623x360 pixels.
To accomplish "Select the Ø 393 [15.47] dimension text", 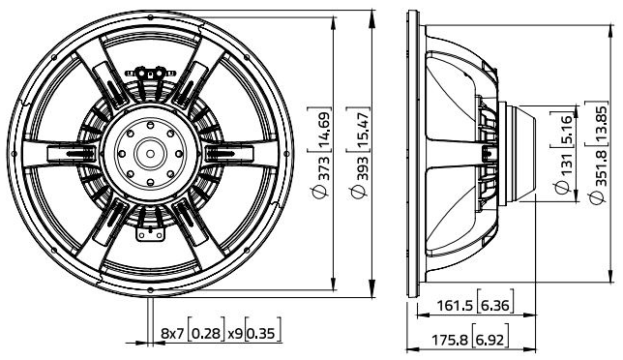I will click(x=363, y=149).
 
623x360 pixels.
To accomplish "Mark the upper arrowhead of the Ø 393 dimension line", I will click(x=373, y=16).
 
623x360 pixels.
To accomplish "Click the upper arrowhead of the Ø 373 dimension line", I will click(x=334, y=24).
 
